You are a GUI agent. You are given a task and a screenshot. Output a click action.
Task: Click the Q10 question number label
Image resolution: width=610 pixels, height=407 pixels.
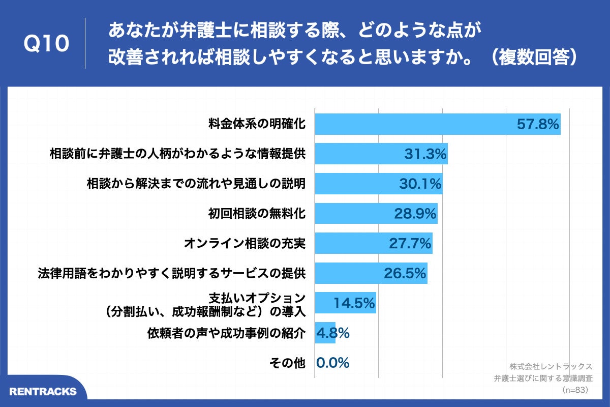(46, 44)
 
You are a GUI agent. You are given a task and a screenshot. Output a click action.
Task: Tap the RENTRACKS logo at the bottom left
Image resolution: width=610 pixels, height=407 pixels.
(43, 391)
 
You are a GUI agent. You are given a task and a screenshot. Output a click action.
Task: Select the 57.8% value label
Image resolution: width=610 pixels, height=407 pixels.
(538, 124)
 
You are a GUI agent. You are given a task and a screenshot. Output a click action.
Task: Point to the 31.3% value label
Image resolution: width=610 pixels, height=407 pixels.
(425, 154)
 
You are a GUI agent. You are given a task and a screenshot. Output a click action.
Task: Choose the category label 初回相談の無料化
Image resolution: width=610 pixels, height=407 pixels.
(257, 214)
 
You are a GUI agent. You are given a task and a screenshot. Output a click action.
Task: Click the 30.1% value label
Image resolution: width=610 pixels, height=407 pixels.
(420, 184)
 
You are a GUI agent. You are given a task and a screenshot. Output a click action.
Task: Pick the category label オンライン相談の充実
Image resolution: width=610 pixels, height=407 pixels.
(244, 244)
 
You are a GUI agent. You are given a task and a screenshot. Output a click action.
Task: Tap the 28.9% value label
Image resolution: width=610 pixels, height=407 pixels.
(415, 214)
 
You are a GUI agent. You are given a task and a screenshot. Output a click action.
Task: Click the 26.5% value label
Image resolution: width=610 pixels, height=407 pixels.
(405, 274)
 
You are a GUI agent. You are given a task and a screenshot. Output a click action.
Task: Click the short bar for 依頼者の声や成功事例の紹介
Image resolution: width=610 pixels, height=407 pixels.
(325, 333)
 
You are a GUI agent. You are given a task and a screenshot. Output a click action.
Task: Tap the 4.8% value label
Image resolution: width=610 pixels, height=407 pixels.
(333, 333)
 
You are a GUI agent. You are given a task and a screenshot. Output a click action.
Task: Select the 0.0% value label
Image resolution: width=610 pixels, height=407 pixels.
(333, 363)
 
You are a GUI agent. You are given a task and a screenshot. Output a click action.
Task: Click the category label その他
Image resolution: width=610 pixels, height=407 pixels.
(287, 363)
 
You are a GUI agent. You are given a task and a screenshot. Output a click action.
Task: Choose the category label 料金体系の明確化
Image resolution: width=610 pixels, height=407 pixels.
(257, 124)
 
